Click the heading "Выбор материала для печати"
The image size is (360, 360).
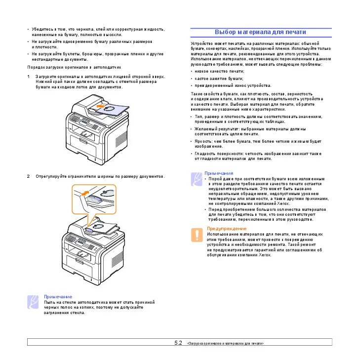(260, 32)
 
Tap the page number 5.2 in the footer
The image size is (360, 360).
(178, 342)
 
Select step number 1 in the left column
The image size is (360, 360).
(29, 77)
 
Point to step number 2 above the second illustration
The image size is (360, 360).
(29, 176)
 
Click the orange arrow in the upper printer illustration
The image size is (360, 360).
(101, 106)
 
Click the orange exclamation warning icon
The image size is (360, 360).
(198, 235)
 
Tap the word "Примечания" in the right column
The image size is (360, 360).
(219, 173)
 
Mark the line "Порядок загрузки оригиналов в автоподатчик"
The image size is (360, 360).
(74, 67)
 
